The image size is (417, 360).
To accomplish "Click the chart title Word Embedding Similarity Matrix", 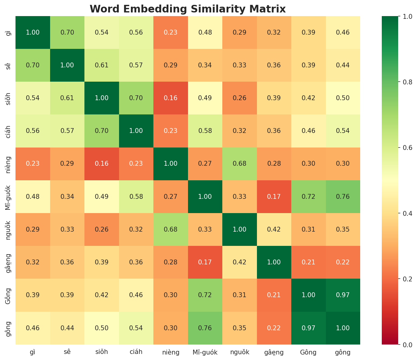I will [x=188, y=9].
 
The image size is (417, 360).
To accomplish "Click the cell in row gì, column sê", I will [x=67, y=32].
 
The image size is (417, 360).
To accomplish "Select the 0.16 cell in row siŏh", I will [x=171, y=98].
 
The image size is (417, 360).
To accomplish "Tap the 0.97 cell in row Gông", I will [x=343, y=295].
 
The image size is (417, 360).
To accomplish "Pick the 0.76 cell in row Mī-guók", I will [x=343, y=196].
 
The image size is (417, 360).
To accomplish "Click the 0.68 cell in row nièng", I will [x=240, y=164].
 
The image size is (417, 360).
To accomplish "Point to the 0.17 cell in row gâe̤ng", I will [x=205, y=262].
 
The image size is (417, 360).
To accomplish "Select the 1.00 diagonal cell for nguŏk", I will [x=240, y=229].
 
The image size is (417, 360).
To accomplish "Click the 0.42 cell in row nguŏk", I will [x=274, y=229].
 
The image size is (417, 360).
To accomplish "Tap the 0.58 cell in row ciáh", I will [x=205, y=131].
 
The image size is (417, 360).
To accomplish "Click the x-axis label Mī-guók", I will [x=205, y=352].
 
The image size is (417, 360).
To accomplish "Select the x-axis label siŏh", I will [x=102, y=352].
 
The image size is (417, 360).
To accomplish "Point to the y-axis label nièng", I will [x=9, y=164].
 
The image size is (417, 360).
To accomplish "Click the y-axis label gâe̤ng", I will [x=9, y=262].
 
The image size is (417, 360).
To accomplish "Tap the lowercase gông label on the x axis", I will [x=343, y=352].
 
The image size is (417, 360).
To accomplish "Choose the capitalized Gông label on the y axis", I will [x=9, y=295].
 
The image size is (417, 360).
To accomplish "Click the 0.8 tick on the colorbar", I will [x=400, y=82].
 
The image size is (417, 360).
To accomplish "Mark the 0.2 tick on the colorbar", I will [x=400, y=279].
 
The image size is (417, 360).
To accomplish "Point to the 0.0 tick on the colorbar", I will [x=400, y=345].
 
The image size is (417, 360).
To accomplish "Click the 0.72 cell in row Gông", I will [x=205, y=295].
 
